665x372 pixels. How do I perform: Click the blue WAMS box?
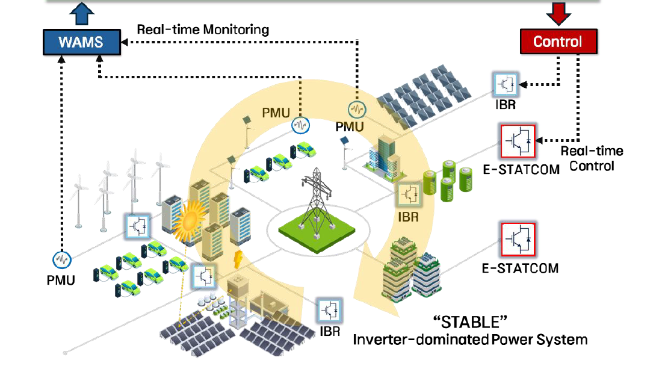click(81, 42)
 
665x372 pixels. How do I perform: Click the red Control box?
click(558, 42)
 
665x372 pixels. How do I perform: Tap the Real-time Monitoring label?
click(203, 29)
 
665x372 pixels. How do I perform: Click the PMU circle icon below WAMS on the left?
click(62, 260)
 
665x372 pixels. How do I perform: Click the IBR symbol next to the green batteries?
click(409, 195)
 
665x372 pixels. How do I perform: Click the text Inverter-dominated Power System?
click(469, 339)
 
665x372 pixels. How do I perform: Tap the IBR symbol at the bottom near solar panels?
click(329, 310)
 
